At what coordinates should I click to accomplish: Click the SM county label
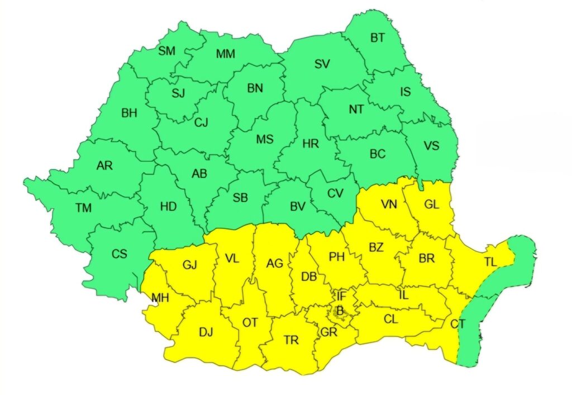click(x=166, y=51)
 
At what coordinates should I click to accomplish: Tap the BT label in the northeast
click(x=378, y=38)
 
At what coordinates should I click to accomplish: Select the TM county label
click(x=83, y=208)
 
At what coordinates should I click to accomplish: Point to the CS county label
click(x=119, y=253)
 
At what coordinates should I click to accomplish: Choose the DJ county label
click(x=206, y=332)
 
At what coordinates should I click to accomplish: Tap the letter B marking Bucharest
click(x=339, y=311)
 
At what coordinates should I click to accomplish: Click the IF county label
click(x=341, y=295)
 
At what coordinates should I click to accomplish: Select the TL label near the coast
click(x=490, y=262)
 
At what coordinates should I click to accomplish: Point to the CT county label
click(x=457, y=323)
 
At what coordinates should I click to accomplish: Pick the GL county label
click(x=431, y=204)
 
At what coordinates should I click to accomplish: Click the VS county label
click(x=431, y=145)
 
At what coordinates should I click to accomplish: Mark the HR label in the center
click(x=310, y=144)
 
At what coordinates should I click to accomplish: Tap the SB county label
click(x=240, y=198)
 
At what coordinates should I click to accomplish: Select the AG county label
click(x=274, y=264)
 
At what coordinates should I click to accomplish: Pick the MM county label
click(x=226, y=54)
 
